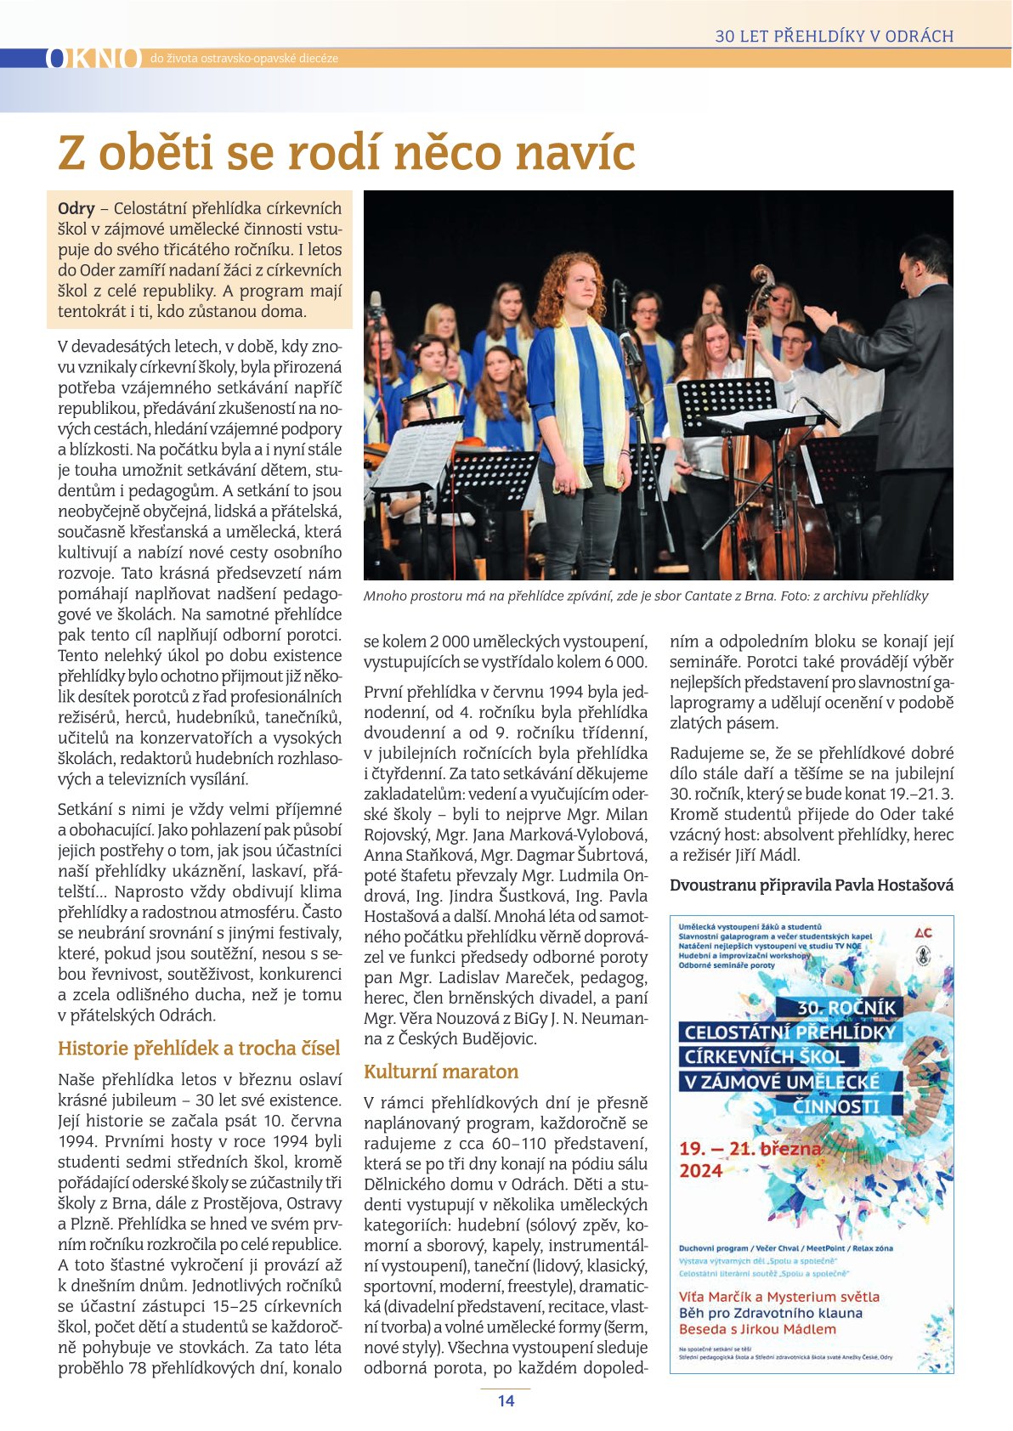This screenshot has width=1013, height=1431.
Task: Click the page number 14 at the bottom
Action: (x=506, y=1401)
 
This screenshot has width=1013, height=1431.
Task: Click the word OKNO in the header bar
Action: (x=93, y=58)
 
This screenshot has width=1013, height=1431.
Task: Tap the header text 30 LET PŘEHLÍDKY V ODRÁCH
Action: (x=834, y=37)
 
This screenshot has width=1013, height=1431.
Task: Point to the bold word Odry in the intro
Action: (x=76, y=209)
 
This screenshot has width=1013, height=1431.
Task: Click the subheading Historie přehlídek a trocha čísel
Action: (x=199, y=1049)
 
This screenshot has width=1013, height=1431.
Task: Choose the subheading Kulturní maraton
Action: (x=441, y=1072)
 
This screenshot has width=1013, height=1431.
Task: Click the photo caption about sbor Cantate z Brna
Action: (x=645, y=596)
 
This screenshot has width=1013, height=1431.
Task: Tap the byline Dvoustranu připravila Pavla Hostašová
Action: (x=811, y=885)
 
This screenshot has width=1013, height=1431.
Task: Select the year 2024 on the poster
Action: (x=701, y=1171)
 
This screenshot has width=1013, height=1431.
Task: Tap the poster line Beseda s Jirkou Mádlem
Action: (x=757, y=1329)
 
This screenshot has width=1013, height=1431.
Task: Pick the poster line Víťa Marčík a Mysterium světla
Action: (x=779, y=1297)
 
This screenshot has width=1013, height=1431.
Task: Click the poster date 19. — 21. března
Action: (x=750, y=1149)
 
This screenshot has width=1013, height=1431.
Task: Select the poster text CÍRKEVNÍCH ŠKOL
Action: (x=764, y=1057)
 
